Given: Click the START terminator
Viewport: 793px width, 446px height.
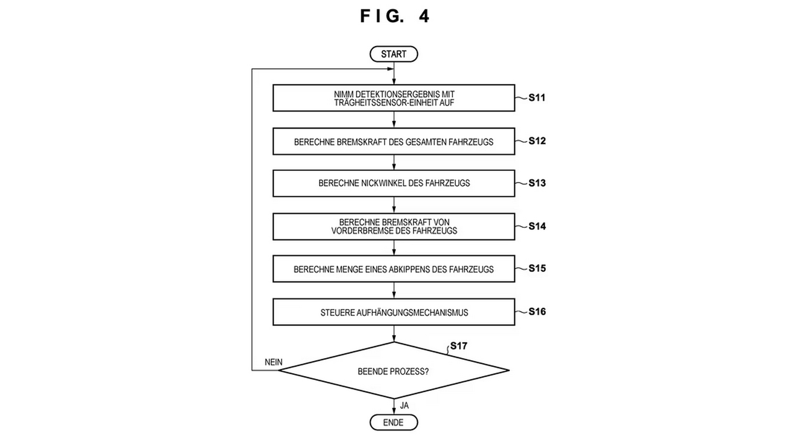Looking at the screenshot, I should point(393,54).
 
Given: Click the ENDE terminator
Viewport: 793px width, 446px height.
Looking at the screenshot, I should point(393,422).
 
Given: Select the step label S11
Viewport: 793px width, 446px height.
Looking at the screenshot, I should point(537,98).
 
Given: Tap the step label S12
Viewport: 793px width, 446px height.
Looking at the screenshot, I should point(537,141).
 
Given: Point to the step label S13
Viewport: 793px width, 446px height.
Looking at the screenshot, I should point(537,183).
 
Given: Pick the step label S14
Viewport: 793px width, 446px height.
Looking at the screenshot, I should point(537,226).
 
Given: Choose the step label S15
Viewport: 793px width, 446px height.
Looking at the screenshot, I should point(537,268).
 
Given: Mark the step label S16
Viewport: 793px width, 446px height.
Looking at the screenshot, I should point(537,312).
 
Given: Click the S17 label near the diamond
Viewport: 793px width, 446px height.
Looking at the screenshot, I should point(458,346).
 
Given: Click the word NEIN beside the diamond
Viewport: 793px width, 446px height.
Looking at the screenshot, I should point(274,362).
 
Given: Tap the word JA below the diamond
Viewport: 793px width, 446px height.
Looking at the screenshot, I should point(404,406).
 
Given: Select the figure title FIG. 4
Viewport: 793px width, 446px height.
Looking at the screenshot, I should point(395,16).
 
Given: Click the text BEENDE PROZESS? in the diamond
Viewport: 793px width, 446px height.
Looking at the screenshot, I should point(393,372).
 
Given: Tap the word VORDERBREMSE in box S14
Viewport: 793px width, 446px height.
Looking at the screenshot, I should point(359,231).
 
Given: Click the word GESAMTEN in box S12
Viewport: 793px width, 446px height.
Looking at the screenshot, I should point(426,142).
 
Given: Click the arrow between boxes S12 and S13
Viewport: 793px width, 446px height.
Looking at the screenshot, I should point(394,162).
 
